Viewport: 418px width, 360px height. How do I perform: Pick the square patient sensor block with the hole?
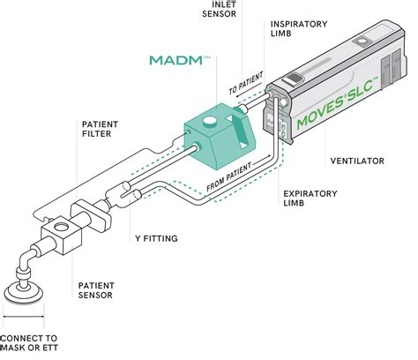[x=60, y=236]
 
